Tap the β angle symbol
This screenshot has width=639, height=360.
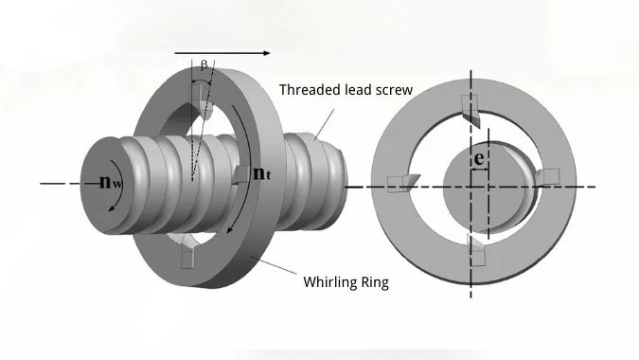(x=203, y=65)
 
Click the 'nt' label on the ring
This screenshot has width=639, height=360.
(x=262, y=174)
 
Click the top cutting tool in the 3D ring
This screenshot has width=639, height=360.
(x=203, y=102)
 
